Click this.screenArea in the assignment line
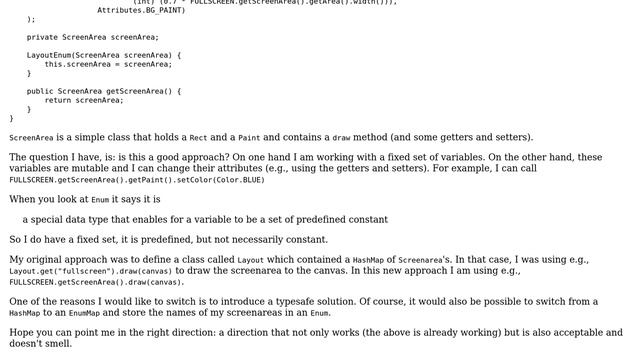80,64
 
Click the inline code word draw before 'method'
342,138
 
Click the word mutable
92,168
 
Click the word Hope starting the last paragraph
21,333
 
